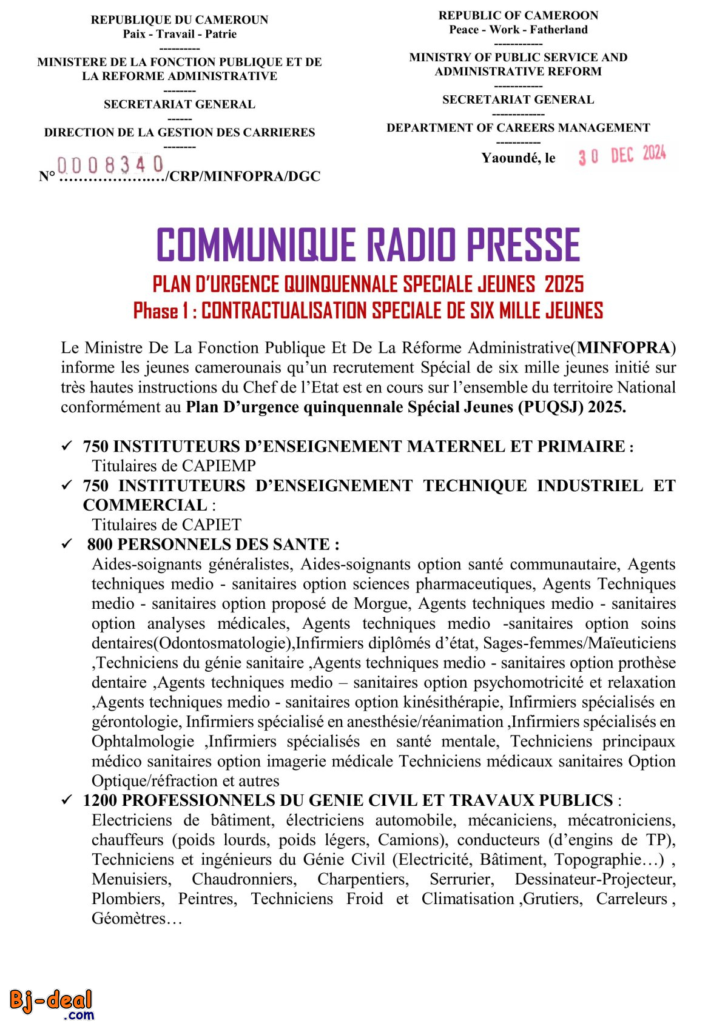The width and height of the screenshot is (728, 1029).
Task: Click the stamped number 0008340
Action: pyautogui.click(x=110, y=164)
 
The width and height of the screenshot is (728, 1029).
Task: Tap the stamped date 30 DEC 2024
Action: pyautogui.click(x=622, y=155)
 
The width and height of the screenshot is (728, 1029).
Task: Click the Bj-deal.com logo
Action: pyautogui.click(x=52, y=1004)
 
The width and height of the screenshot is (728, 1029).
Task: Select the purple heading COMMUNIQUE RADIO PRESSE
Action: pyautogui.click(x=368, y=245)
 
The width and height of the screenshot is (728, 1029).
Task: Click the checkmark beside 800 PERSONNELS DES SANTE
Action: pyautogui.click(x=67, y=544)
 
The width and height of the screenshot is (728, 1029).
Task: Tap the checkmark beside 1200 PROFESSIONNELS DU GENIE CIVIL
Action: pyautogui.click(x=67, y=800)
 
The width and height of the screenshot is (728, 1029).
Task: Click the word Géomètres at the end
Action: pyautogui.click(x=129, y=919)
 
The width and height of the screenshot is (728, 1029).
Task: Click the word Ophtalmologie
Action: pyautogui.click(x=143, y=742)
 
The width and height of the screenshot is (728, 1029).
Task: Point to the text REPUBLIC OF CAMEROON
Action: pyautogui.click(x=518, y=16)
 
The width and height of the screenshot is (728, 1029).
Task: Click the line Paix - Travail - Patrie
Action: pyautogui.click(x=180, y=34)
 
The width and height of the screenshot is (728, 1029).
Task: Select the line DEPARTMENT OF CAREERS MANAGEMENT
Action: pyautogui.click(x=518, y=128)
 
